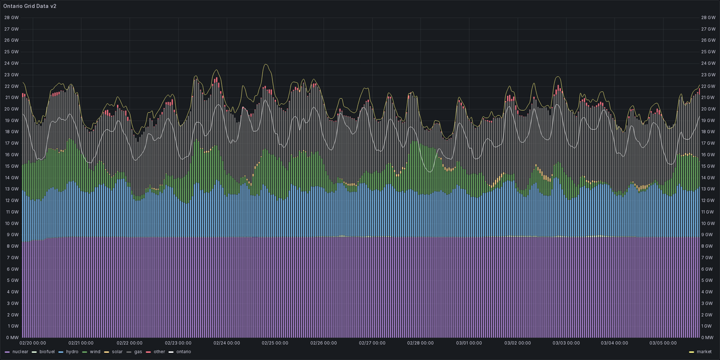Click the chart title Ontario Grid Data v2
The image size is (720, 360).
pyautogui.click(x=30, y=6)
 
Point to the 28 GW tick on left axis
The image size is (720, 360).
pyautogui.click(x=11, y=17)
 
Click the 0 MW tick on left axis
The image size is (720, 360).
pyautogui.click(x=11, y=337)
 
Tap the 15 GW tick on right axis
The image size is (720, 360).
pyautogui.click(x=709, y=166)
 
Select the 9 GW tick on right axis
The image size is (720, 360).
pyautogui.click(x=707, y=235)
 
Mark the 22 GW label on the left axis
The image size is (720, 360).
pyautogui.click(x=11, y=86)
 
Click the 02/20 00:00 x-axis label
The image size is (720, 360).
pyautogui.click(x=34, y=343)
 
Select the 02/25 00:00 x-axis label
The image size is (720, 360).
pyautogui.click(x=275, y=343)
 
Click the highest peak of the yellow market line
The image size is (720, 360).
pyautogui.click(x=265, y=65)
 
